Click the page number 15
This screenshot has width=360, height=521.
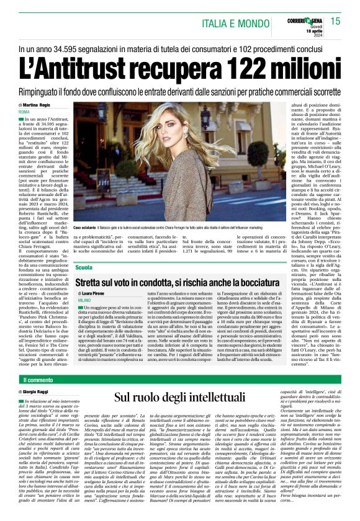(335, 21)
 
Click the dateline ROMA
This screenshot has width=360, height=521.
(25, 112)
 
